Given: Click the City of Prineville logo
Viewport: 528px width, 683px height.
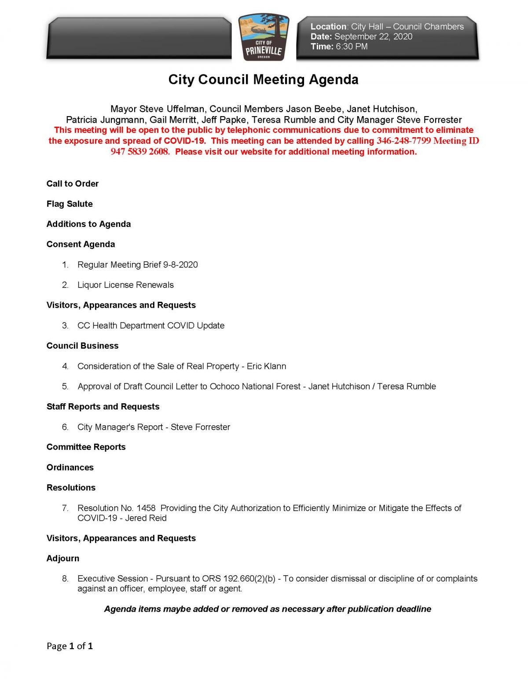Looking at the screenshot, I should (264, 38).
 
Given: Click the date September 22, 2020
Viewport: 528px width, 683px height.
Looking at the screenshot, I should (373, 37).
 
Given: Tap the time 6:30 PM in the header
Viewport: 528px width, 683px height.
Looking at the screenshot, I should (351, 47).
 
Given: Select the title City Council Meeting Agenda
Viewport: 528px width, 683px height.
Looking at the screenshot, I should (263, 80).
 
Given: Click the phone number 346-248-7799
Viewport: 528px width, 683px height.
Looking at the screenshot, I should (403, 141).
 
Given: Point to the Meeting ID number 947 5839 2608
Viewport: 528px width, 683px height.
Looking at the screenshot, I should (139, 152).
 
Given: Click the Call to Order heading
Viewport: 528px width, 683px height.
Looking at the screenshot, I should (73, 184).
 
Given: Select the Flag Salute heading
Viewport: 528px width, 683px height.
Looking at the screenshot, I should (70, 204).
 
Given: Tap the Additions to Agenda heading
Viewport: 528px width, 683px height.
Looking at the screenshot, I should (88, 224).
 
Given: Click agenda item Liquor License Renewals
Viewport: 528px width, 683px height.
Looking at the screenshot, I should (125, 285).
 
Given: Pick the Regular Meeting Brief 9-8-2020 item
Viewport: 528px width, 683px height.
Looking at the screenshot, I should (137, 265).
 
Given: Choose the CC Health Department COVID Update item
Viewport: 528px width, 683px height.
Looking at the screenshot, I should (150, 325).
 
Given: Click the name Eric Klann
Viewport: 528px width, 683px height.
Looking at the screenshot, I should (266, 366).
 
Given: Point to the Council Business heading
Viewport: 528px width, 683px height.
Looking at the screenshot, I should (82, 346).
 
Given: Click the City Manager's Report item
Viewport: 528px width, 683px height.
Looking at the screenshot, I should (120, 427).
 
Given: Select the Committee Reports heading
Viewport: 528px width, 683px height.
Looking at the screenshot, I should (86, 447).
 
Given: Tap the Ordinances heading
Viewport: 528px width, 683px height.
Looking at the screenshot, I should (70, 468).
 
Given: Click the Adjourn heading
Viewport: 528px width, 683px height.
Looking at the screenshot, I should (63, 559).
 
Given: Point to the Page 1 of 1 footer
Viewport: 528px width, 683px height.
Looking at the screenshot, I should (70, 646).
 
